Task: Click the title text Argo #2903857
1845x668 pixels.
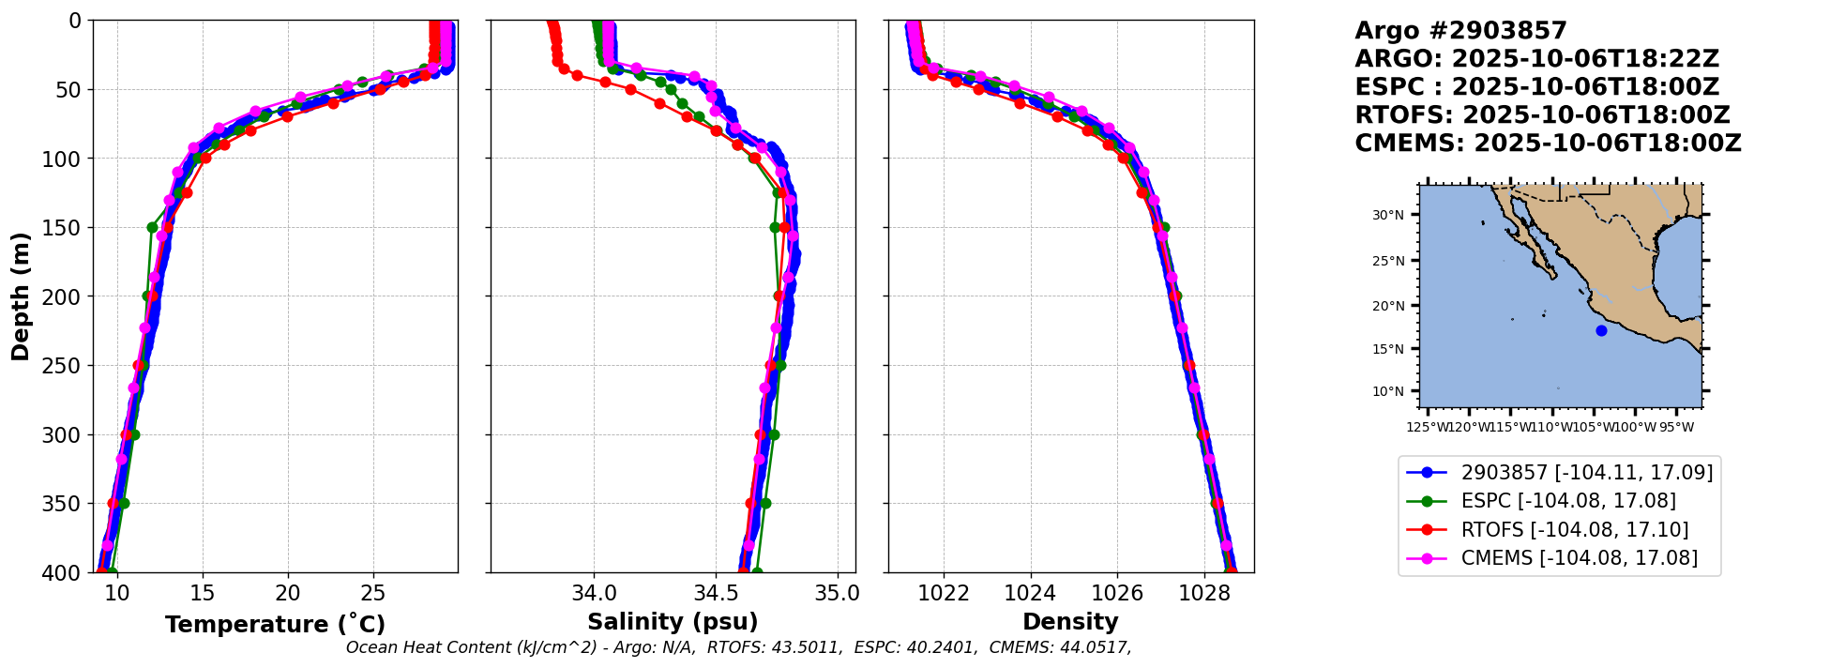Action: pos(1460,31)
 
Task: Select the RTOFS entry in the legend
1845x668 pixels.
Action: pos(1574,530)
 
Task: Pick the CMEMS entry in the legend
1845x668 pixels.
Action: pos(1579,558)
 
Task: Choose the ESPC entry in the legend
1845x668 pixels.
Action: pos(1568,501)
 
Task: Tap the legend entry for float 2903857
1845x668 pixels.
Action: pos(1586,472)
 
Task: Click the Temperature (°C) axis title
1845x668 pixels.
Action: pos(275,625)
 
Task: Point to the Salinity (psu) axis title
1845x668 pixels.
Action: pos(673,622)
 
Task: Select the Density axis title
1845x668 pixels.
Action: pos(1070,622)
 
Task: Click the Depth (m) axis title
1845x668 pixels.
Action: pos(21,296)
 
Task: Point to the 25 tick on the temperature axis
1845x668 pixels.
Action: pos(373,593)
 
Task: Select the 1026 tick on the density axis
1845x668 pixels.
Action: pos(1117,593)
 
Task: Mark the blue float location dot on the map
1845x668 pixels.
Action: pos(1601,330)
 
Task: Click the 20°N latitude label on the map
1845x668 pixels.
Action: pos(1388,306)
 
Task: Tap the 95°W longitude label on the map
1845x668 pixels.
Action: pos(1676,428)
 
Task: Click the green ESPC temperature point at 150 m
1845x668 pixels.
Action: pos(152,227)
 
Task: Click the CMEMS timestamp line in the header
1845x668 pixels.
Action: pos(1548,144)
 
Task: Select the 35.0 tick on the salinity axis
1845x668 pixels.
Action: pos(837,593)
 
